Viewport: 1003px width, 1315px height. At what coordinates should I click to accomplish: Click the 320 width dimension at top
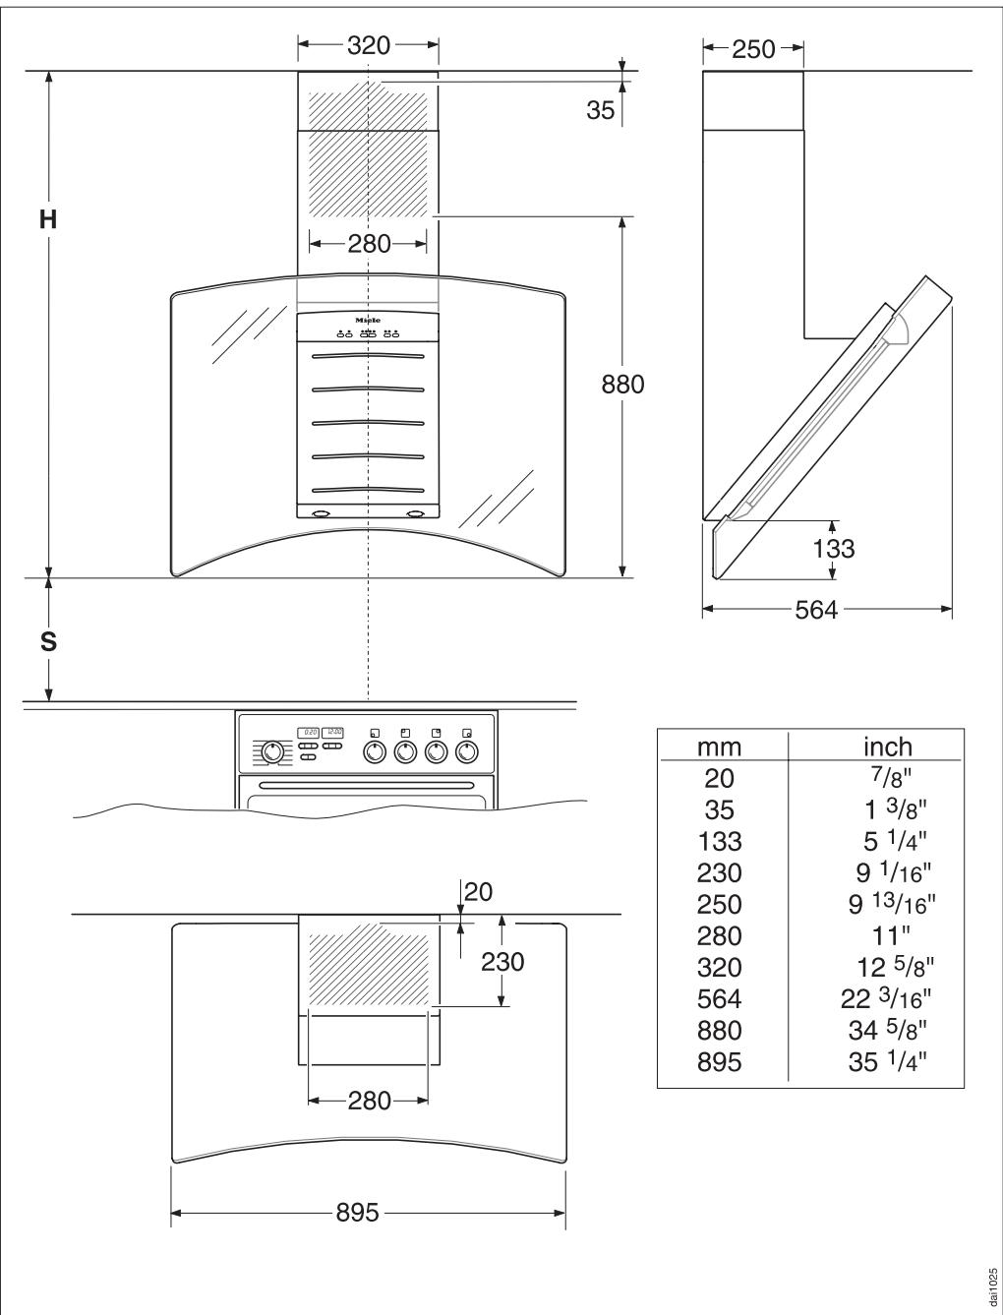pyautogui.click(x=369, y=45)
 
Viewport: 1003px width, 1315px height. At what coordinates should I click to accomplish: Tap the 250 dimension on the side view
pyautogui.click(x=754, y=48)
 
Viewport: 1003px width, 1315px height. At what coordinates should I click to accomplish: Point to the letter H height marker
pyautogui.click(x=47, y=219)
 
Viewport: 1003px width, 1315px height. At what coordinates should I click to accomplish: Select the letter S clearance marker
pyautogui.click(x=47, y=642)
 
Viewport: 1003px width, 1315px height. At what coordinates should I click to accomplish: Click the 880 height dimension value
pyautogui.click(x=622, y=385)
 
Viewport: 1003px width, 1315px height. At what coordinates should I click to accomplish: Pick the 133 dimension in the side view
pyautogui.click(x=833, y=548)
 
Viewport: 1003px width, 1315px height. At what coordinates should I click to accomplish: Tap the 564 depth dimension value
pyautogui.click(x=816, y=610)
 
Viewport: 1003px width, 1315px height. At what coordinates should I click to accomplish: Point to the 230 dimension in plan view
pyautogui.click(x=502, y=961)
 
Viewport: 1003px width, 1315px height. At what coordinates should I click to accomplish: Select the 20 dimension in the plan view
pyautogui.click(x=477, y=891)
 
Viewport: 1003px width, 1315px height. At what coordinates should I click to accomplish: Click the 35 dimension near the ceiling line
pyautogui.click(x=600, y=111)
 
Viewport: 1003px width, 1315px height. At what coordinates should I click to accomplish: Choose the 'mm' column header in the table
pyautogui.click(x=719, y=747)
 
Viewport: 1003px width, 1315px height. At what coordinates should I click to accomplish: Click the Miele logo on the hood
pyautogui.click(x=368, y=321)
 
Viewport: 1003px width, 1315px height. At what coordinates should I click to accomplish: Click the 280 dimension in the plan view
pyautogui.click(x=369, y=1100)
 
